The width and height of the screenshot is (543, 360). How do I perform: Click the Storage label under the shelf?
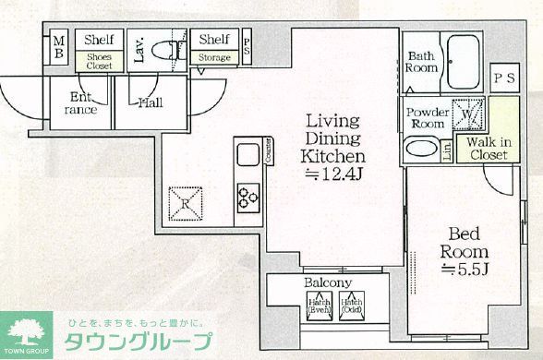[x=213, y=57]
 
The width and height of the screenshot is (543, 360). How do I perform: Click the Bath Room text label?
[x=422, y=62]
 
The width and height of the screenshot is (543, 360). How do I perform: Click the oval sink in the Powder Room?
[x=422, y=149]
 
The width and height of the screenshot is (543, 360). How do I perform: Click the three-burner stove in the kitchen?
[x=247, y=198]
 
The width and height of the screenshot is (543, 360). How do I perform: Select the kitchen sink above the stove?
[x=247, y=155]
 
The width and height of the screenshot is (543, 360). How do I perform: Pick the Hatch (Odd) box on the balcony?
[x=351, y=305]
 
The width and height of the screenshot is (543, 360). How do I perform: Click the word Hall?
[x=150, y=103]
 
